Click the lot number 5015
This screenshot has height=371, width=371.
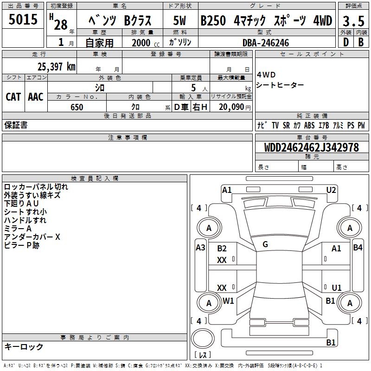[23, 20]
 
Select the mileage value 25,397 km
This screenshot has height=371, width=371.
[56, 67]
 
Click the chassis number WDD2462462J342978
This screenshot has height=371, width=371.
[311, 148]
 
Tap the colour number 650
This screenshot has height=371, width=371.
[77, 108]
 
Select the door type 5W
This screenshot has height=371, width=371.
[180, 21]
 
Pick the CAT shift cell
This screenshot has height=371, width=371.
[13, 97]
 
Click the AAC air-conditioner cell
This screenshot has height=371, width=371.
[35, 97]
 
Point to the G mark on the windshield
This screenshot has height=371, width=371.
[265, 244]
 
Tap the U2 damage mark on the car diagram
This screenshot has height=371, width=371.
[331, 190]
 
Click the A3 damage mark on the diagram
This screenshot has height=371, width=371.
[200, 248]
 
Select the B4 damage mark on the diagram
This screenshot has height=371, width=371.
[358, 248]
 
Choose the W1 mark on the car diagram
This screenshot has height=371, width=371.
[228, 301]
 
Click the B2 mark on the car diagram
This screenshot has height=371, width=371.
[222, 249]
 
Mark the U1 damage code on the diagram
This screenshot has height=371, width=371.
[337, 288]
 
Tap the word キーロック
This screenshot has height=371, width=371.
[24, 347]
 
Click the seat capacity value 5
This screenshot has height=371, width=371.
[192, 88]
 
